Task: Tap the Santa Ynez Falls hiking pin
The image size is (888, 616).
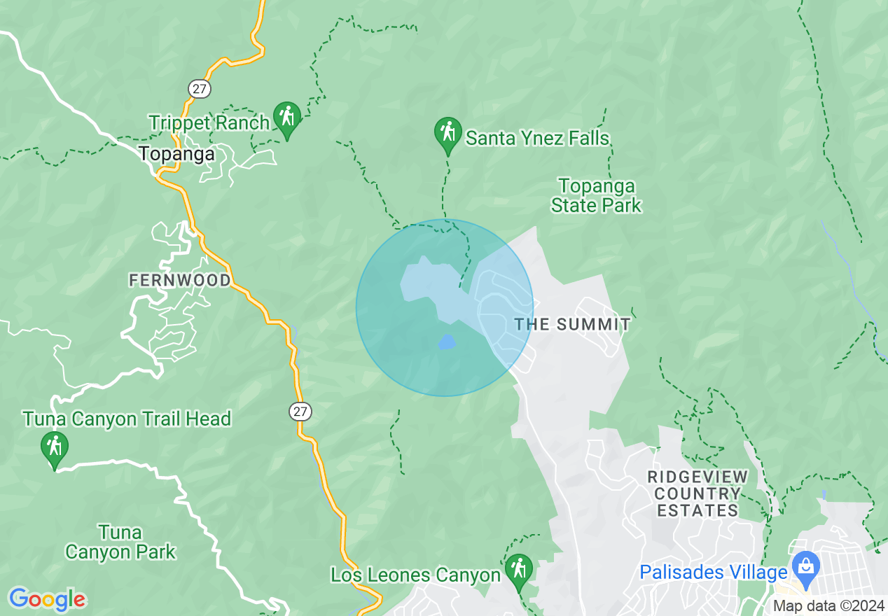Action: tap(448, 133)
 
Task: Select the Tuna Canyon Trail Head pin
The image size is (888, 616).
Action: tap(54, 448)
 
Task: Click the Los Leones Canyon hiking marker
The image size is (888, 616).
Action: tap(518, 570)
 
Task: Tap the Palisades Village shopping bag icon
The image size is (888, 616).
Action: tap(806, 566)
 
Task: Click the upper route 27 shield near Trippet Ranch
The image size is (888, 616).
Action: tap(199, 88)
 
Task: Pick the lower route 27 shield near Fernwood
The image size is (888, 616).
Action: tap(300, 411)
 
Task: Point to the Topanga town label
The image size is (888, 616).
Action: tap(176, 154)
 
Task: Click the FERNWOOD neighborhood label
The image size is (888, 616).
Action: tap(179, 281)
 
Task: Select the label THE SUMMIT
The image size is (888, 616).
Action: tap(572, 325)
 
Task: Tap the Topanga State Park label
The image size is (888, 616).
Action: tap(596, 196)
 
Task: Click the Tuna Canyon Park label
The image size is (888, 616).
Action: tap(120, 542)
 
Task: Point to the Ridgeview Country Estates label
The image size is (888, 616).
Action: tap(698, 493)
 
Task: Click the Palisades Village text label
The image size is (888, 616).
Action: tap(713, 573)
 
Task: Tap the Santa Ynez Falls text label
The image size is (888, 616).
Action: tap(537, 139)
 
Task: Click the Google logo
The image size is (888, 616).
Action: tap(47, 599)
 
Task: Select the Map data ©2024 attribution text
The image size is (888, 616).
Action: tap(828, 606)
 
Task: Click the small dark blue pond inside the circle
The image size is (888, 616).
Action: tap(446, 342)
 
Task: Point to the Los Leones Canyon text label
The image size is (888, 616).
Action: tap(415, 575)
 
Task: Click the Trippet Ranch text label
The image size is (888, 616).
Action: tap(209, 123)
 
